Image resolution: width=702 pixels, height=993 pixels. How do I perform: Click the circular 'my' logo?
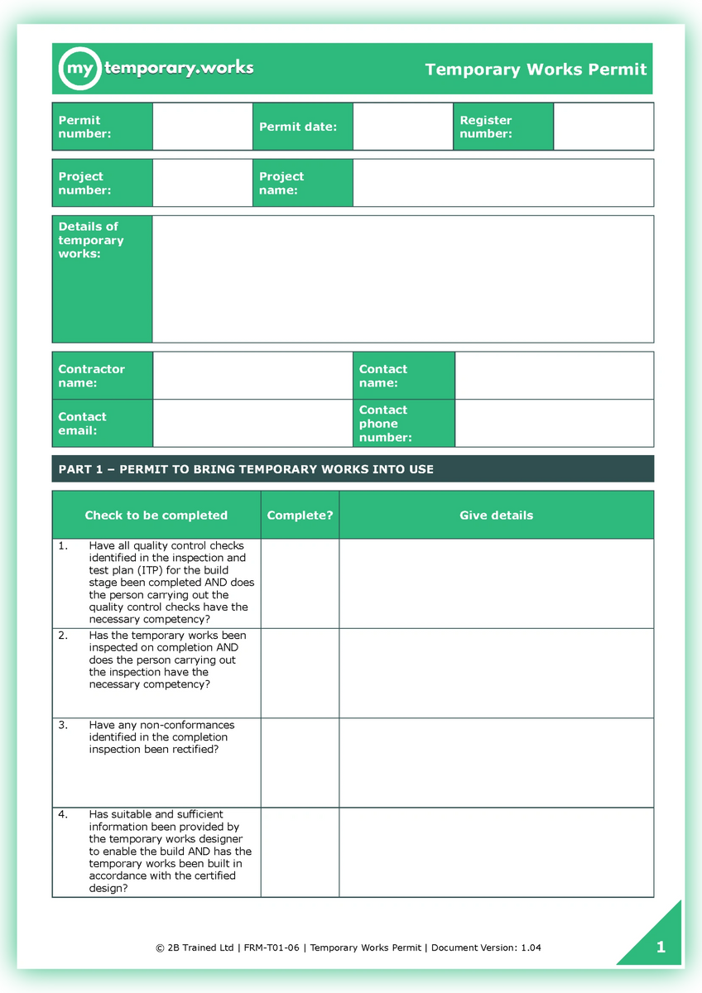(x=79, y=69)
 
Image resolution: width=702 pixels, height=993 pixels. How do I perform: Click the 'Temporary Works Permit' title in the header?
(x=536, y=70)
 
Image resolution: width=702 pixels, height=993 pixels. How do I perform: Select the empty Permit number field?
(x=202, y=127)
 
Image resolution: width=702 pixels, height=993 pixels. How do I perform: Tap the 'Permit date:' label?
(x=298, y=127)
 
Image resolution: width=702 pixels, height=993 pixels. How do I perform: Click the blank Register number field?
(x=603, y=127)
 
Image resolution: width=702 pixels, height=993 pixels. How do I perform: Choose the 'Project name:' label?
(x=281, y=183)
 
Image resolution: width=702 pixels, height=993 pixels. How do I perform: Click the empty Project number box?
(x=202, y=183)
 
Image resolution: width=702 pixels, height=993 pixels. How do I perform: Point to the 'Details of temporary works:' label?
(x=90, y=240)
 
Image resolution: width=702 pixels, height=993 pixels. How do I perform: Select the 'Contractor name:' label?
(x=91, y=376)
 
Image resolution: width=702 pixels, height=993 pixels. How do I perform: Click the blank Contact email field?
(x=252, y=424)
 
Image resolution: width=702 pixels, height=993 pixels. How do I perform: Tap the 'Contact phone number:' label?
(x=385, y=424)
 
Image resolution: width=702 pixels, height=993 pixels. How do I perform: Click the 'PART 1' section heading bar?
(x=352, y=469)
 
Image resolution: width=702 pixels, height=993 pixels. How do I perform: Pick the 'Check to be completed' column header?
(x=156, y=515)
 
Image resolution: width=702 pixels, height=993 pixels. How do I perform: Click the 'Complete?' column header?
(x=300, y=515)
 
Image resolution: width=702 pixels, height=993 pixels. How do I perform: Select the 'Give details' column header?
(x=496, y=515)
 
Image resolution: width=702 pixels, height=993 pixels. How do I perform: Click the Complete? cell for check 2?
(x=300, y=673)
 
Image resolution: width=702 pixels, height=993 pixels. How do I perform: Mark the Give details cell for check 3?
(x=496, y=762)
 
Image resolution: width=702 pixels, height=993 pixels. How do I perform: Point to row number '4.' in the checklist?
(x=63, y=814)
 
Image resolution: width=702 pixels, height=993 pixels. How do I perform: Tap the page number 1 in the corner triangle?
(x=661, y=947)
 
